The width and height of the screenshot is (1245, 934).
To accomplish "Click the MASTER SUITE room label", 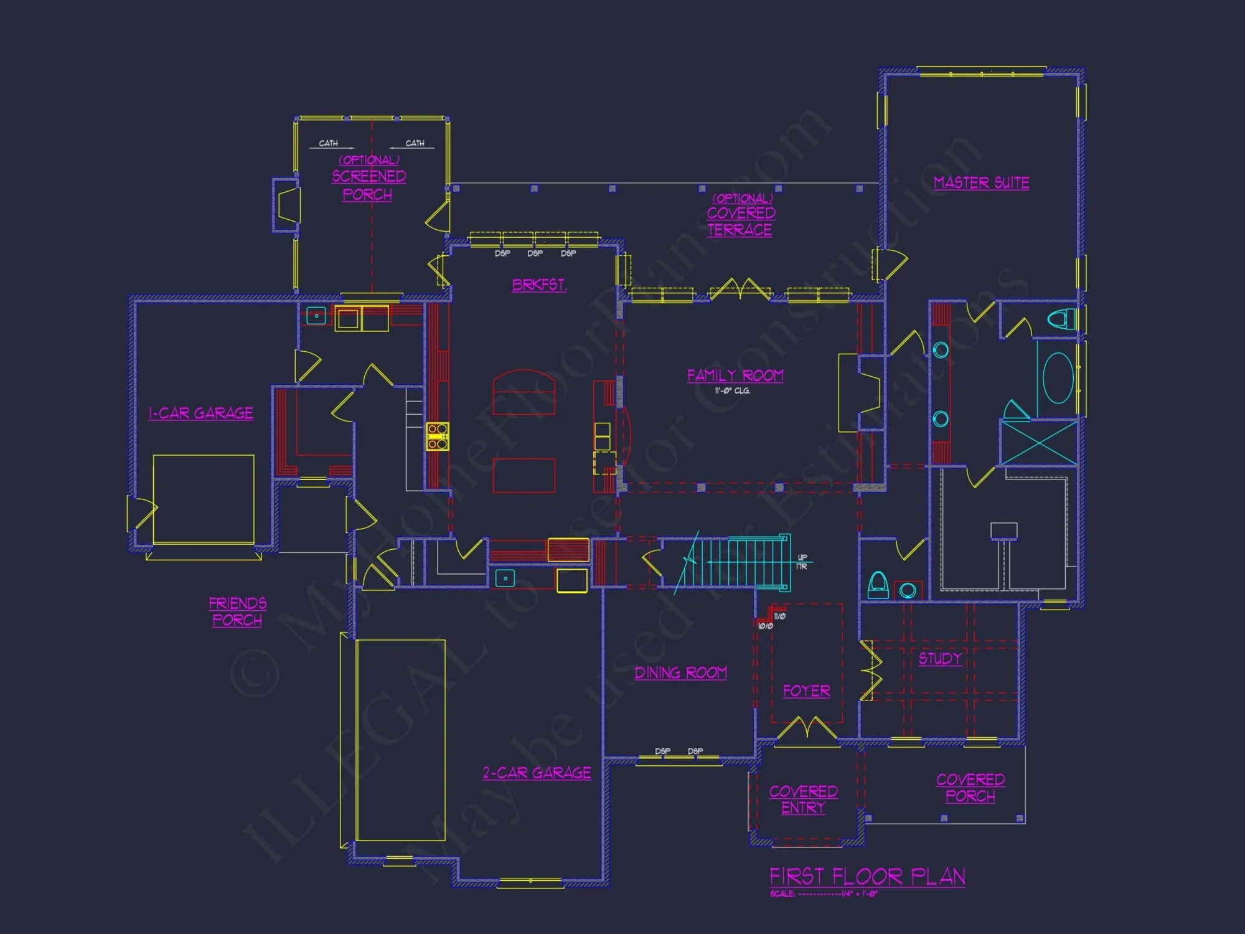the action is coord(981,182).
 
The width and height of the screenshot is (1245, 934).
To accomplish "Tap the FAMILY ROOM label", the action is coord(735,375).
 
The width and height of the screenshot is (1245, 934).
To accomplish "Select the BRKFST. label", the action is coord(539,285).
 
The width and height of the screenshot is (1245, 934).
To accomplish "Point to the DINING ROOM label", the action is coord(680,672).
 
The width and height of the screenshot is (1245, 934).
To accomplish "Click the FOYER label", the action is coord(806,691).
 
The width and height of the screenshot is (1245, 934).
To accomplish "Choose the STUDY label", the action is coord(940,658).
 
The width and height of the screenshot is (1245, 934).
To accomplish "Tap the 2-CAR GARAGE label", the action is coord(537,773).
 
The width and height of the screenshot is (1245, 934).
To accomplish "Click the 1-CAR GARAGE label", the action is coord(200,413).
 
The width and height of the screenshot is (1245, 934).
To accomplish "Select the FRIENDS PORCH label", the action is coord(237,611).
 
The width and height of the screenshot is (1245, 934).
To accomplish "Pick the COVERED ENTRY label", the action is coord(803,800).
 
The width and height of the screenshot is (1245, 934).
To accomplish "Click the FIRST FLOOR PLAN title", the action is coord(867,877).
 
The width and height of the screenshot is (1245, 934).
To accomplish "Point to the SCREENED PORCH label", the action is coord(369,185).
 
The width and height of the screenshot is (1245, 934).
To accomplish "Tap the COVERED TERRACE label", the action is coord(741,221).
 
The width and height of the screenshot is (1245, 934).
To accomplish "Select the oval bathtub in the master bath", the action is coord(1058,378).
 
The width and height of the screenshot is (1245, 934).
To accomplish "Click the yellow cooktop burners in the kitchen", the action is coord(437,436).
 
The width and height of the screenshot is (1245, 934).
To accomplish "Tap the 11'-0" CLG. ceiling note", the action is coord(732,391).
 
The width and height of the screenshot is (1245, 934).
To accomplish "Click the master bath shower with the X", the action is coord(1038,443).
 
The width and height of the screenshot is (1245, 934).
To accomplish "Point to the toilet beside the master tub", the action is coord(1061,319).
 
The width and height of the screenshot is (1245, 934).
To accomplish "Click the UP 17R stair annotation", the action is coord(802,562).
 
